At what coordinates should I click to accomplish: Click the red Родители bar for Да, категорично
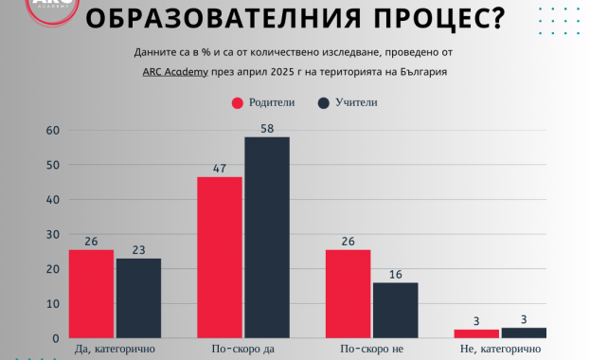point(92,294)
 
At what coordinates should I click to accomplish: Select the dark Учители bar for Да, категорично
point(138,298)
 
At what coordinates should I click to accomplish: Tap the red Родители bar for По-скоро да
point(220,258)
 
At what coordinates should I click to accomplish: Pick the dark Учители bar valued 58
point(267,238)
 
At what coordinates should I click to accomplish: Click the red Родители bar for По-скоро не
point(348,294)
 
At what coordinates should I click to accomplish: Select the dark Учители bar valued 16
point(395,311)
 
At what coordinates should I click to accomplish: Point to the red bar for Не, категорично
point(476,333)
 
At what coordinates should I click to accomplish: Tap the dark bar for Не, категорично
point(524,333)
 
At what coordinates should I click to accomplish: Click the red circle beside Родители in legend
point(239,103)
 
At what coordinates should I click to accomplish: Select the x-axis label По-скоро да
point(243,351)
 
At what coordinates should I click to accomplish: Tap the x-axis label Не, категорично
point(500,351)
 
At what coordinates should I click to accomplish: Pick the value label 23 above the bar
point(138,249)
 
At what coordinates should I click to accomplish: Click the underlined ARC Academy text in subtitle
point(175,72)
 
